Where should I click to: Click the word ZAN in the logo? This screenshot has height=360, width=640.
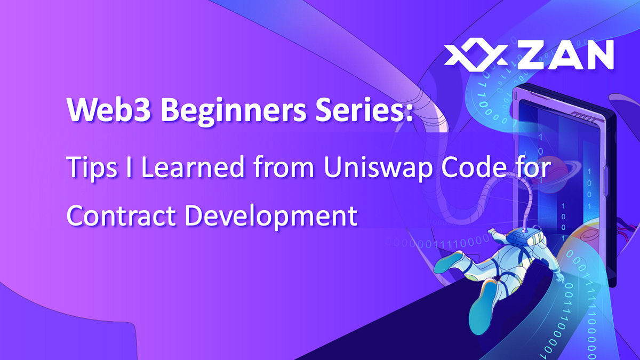[x=564, y=55]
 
